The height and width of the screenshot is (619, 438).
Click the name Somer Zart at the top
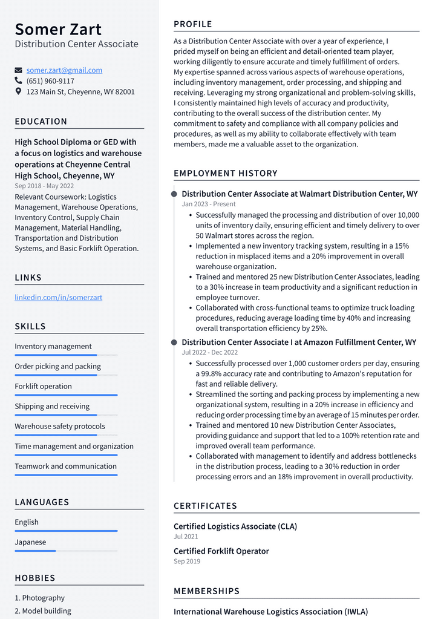click(58, 29)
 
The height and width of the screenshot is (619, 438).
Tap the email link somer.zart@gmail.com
click(64, 70)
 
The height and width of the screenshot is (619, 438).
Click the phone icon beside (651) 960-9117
click(18, 81)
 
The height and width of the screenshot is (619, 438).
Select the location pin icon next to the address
click(18, 92)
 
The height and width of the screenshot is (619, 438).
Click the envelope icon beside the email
click(18, 70)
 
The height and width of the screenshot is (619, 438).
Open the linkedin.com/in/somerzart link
click(58, 297)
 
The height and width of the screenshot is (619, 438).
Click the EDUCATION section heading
click(41, 121)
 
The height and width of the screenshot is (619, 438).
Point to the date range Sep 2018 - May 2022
click(44, 186)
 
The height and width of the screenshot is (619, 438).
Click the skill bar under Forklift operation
click(66, 395)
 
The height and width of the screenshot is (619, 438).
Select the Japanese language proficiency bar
click(66, 551)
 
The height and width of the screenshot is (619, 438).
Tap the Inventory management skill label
click(53, 347)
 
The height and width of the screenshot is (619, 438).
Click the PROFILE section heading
click(192, 24)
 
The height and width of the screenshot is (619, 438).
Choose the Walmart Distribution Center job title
click(299, 194)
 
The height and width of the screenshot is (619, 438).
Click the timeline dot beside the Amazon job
click(174, 342)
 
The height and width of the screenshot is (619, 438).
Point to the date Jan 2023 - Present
click(209, 205)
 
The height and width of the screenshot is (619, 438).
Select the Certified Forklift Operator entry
click(221, 551)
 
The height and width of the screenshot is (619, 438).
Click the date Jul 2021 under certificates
click(186, 537)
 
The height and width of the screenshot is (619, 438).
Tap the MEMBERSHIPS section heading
click(206, 591)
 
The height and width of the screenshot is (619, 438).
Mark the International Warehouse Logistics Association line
click(270, 612)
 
